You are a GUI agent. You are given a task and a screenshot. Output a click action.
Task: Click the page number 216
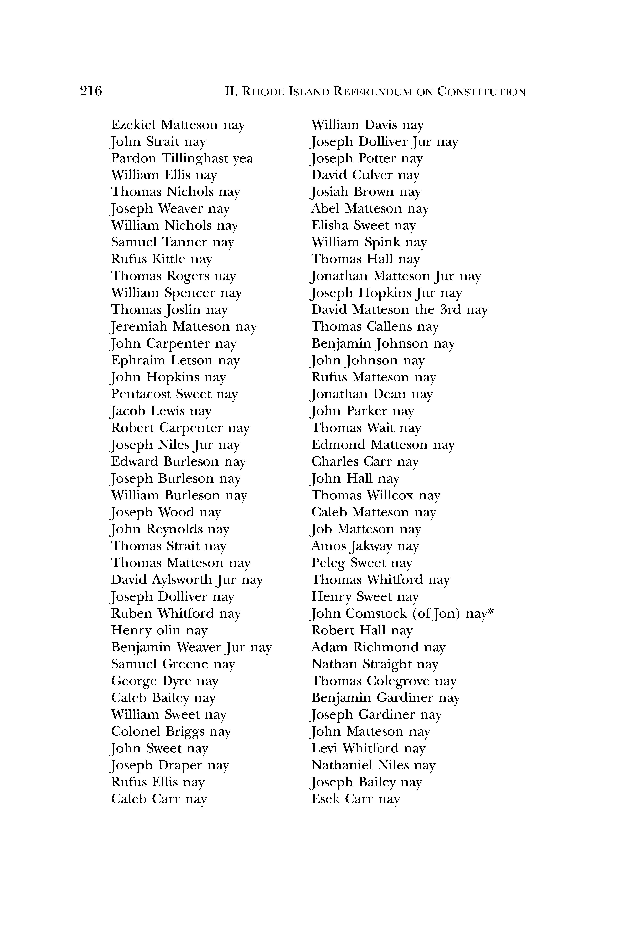(91, 91)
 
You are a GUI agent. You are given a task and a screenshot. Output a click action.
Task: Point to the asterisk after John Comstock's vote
(491, 612)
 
